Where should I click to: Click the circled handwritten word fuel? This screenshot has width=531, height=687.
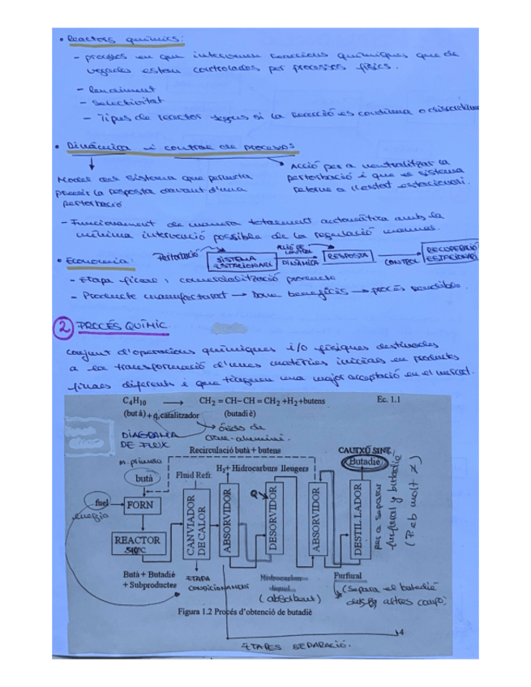pos(100,497)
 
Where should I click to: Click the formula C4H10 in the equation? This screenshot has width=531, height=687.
pos(135,401)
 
